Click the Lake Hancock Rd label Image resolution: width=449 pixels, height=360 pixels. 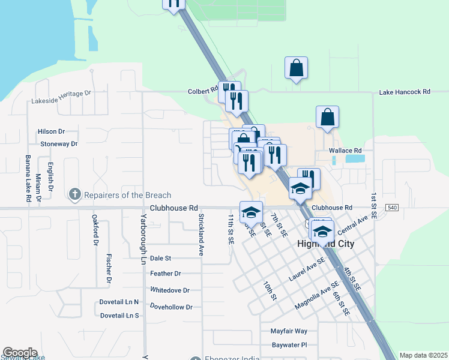point(405,92)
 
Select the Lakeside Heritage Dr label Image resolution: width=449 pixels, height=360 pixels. point(61,94)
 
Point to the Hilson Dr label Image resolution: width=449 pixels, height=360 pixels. point(51,131)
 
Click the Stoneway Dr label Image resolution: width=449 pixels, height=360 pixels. point(59,144)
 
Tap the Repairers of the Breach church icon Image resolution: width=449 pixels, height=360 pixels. point(75,194)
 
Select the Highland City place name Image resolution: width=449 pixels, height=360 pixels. point(326,244)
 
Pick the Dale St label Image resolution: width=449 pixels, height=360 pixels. point(161,258)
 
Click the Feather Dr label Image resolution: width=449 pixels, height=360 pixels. point(166,274)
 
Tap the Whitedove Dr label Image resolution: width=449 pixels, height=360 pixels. point(170,290)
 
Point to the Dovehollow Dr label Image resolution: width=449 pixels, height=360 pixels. point(172,307)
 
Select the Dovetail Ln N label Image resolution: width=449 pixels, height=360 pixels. point(119,302)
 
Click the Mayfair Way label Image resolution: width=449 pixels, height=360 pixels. point(289,331)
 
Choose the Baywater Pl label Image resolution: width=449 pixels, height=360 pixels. point(289,345)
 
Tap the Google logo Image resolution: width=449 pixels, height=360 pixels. point(20,353)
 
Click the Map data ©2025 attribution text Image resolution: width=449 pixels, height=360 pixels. point(423,355)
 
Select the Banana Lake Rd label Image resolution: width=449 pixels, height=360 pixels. point(28,178)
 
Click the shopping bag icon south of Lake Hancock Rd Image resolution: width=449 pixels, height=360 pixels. point(327,116)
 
